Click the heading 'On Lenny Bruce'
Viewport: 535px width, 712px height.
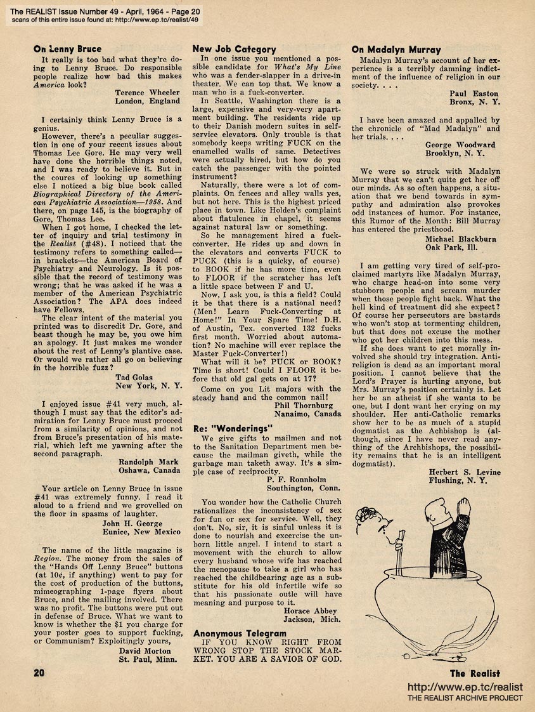[x=67, y=49]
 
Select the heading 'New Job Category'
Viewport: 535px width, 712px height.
[x=234, y=49]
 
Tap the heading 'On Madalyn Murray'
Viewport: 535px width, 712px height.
[x=396, y=49]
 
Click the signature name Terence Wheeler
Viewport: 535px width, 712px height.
[x=148, y=93]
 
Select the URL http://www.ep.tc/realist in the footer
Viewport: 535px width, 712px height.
[x=465, y=687]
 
